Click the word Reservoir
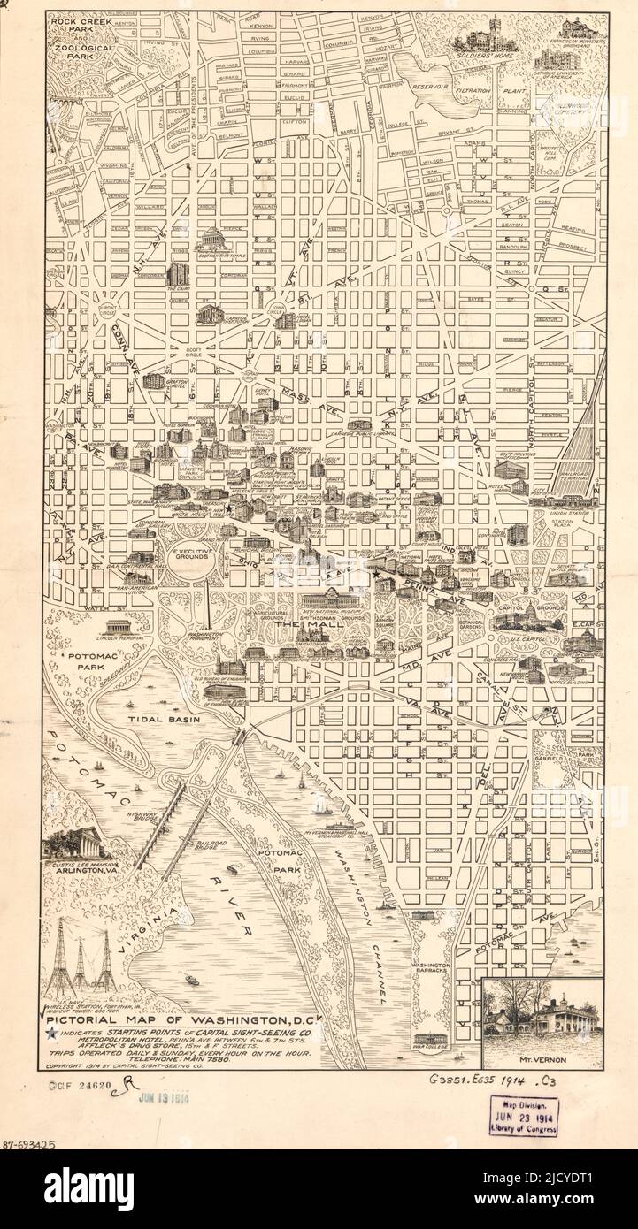[x=436, y=87]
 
